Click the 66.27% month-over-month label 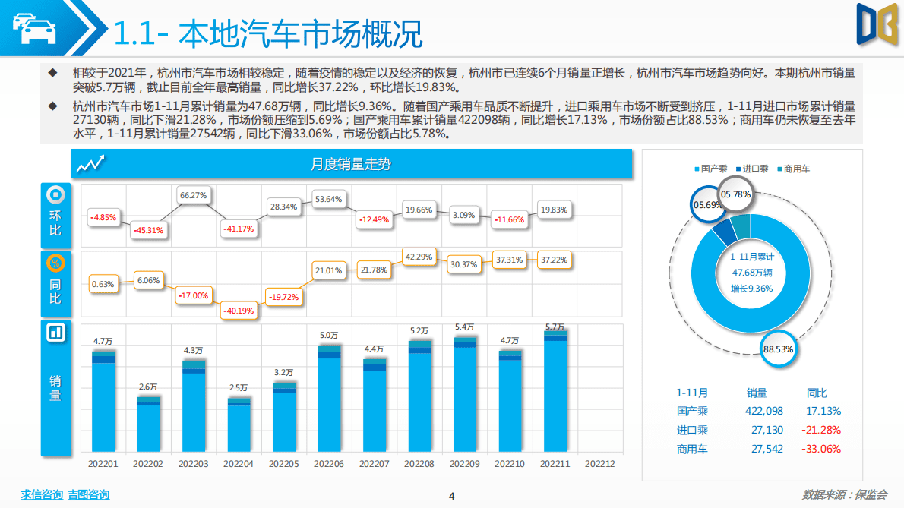[x=194, y=195]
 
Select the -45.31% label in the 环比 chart [x=149, y=230]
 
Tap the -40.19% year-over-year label [x=239, y=310]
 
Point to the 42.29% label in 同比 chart [x=419, y=257]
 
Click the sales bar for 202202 [x=149, y=424]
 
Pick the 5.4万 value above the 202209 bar [x=464, y=327]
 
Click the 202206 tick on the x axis [x=329, y=463]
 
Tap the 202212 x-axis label [x=599, y=463]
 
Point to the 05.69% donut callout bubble [x=707, y=204]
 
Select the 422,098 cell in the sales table [x=764, y=411]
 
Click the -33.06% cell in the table [x=821, y=449]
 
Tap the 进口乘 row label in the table [x=692, y=430]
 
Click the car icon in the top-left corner [x=32, y=29]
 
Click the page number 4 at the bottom [x=451, y=496]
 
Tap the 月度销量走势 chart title [x=351, y=164]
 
